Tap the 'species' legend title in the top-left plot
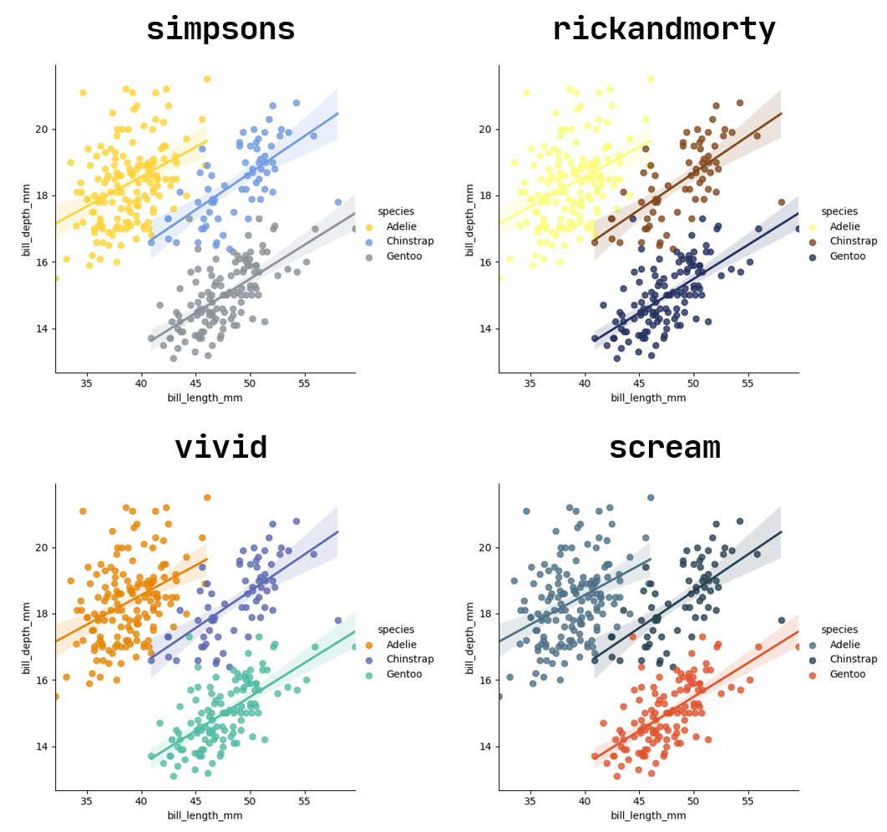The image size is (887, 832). point(396,211)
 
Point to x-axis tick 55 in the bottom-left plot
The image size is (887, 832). point(304,802)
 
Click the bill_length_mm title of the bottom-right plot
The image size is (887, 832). point(648,816)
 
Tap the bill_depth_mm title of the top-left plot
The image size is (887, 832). point(27,219)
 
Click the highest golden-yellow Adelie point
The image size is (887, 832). point(207,79)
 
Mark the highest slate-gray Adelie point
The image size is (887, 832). point(651,498)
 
